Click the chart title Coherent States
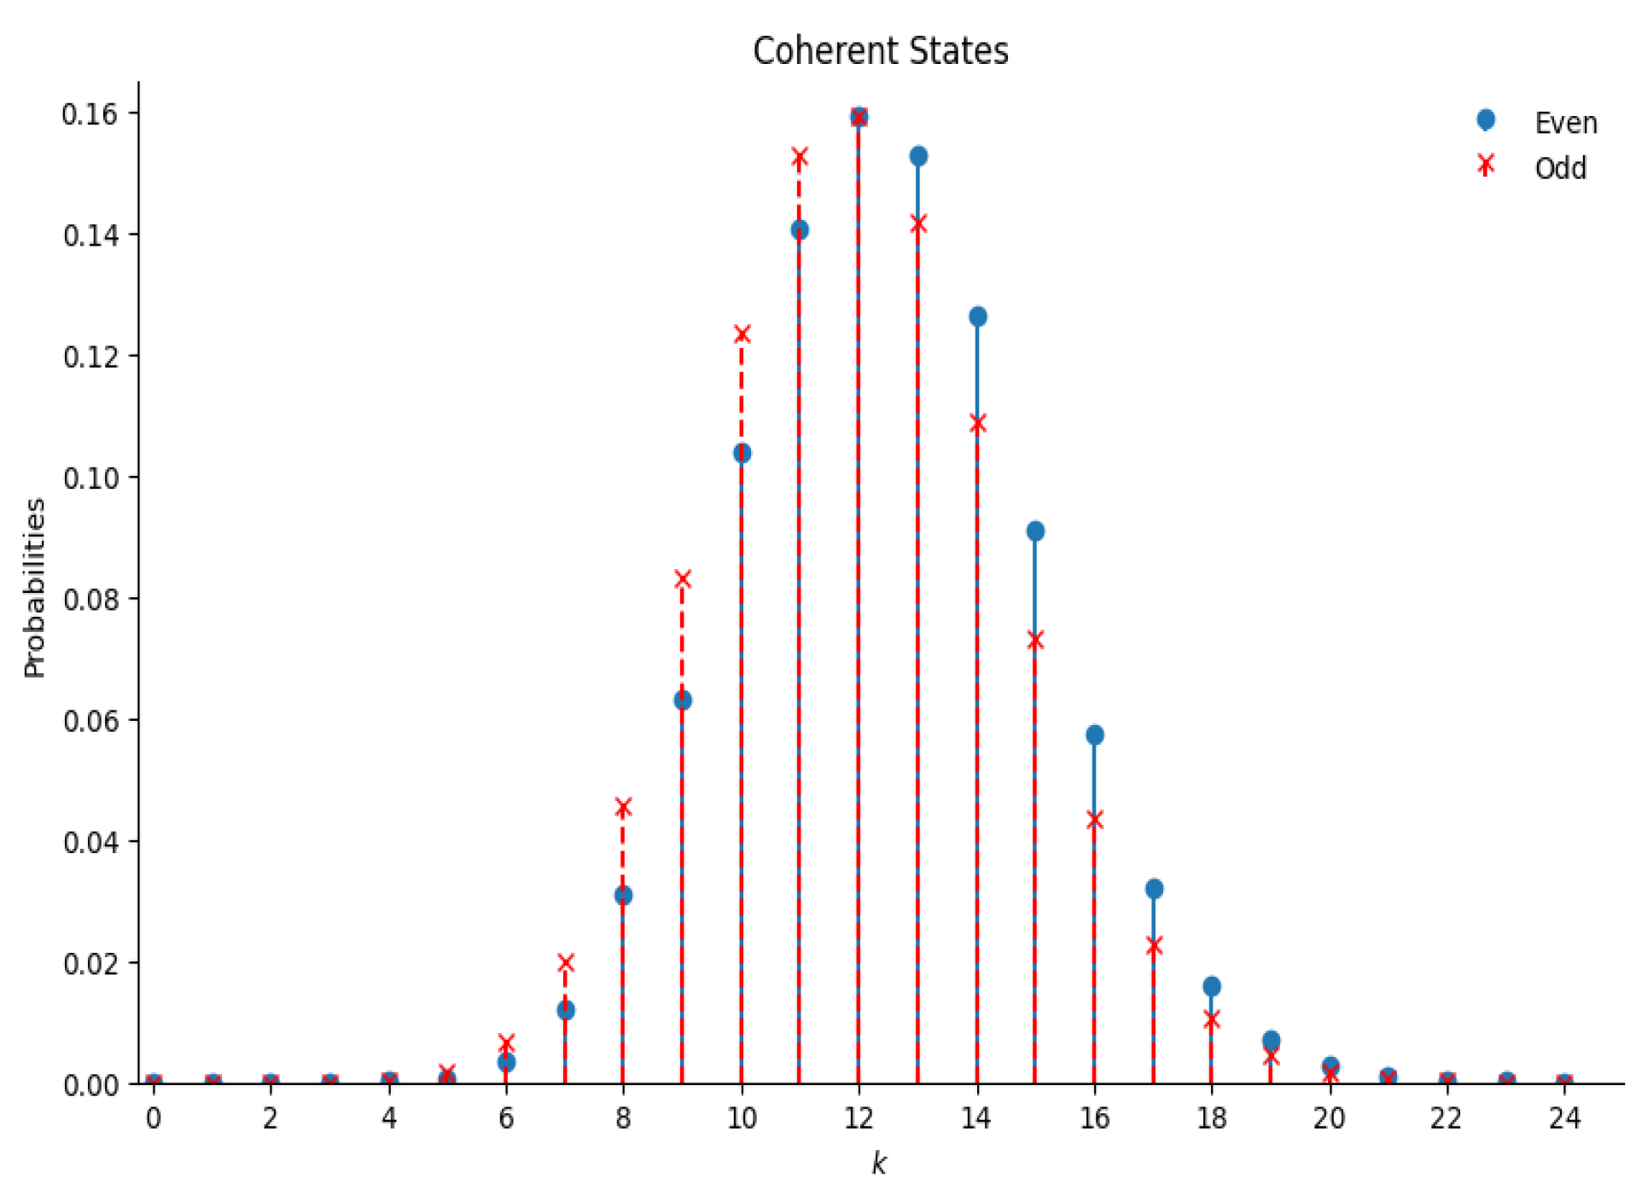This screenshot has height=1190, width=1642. [x=880, y=51]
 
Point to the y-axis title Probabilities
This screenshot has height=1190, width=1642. [x=34, y=588]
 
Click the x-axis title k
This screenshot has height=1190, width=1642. [x=878, y=1163]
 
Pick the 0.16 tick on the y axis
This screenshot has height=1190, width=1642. [x=90, y=113]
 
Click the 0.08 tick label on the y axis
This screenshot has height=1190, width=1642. [x=90, y=599]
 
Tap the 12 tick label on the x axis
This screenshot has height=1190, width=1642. [x=859, y=1117]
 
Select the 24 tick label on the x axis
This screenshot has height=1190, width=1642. [x=1564, y=1117]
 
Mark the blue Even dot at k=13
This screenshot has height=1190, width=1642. [x=918, y=156]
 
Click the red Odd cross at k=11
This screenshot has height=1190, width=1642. [x=800, y=157]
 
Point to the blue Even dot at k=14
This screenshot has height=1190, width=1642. [x=978, y=316]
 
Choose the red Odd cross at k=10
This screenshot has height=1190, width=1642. [x=742, y=334]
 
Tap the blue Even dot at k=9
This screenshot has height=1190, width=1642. [x=683, y=700]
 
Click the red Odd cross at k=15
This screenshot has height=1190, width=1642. [x=1035, y=640]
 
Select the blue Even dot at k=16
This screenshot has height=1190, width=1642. [x=1095, y=734]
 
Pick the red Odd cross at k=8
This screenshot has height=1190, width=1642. [x=623, y=807]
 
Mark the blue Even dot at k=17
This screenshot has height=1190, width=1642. [x=1154, y=889]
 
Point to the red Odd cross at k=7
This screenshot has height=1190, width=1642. [x=565, y=963]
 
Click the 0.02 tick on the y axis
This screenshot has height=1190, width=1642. [x=90, y=963]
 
